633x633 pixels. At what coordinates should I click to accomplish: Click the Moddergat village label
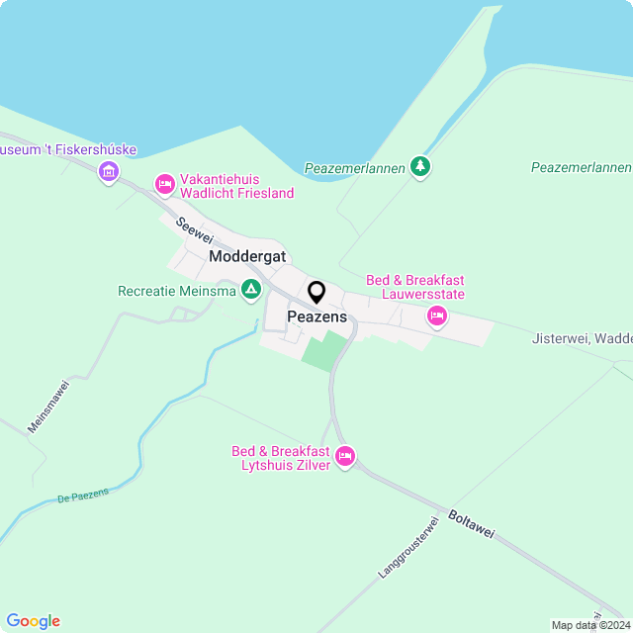(247, 256)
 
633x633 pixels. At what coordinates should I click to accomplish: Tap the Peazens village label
(316, 316)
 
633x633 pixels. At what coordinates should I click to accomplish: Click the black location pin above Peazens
(316, 293)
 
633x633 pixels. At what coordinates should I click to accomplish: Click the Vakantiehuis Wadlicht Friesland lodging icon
(165, 184)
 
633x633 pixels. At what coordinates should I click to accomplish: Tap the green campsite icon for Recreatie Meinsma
(251, 290)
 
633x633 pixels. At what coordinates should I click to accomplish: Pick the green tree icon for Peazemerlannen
(421, 166)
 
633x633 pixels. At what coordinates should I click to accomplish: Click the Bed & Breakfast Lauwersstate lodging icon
(436, 316)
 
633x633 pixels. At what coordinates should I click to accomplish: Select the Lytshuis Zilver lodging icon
(345, 456)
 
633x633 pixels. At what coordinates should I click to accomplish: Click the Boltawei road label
(470, 525)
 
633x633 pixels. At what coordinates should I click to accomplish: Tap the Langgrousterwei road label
(407, 547)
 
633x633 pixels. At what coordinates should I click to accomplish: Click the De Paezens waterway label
(83, 496)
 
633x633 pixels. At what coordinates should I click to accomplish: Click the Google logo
(34, 620)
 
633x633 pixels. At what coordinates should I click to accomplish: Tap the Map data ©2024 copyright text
(589, 625)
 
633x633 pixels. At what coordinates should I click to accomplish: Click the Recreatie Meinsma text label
(177, 291)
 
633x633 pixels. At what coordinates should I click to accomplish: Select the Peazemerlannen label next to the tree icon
(355, 168)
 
